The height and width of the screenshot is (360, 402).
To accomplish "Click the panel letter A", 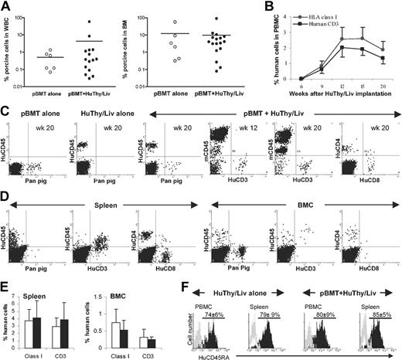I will coord(6,7).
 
